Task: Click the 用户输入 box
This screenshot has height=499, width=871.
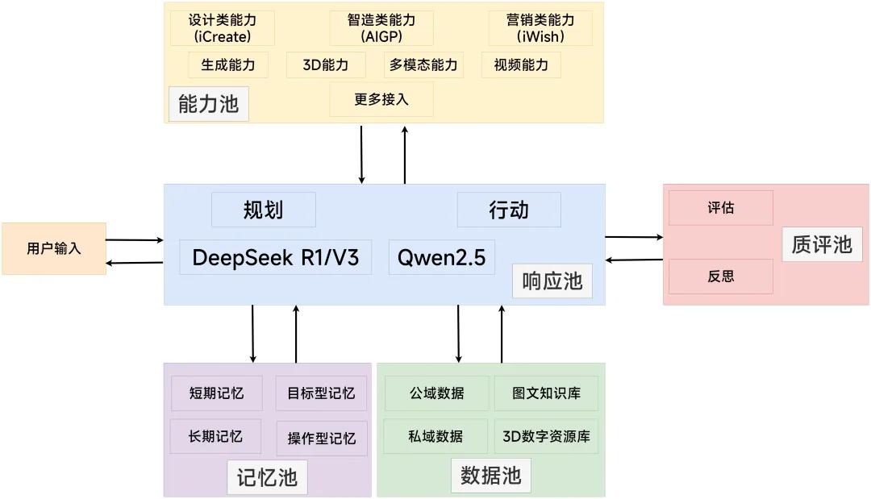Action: [54, 248]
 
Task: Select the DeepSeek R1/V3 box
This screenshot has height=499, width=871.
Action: [275, 257]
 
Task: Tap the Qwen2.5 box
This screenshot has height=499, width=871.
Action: [441, 257]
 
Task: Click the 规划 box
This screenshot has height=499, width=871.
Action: [263, 210]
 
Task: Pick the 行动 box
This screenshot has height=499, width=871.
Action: [509, 210]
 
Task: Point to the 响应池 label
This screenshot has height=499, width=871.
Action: [552, 281]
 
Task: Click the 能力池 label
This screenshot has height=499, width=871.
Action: [208, 104]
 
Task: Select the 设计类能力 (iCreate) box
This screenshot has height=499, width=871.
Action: [223, 28]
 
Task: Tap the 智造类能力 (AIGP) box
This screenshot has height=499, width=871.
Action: [381, 28]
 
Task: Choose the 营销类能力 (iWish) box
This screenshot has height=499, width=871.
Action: [540, 28]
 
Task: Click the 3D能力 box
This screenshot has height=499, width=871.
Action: [326, 64]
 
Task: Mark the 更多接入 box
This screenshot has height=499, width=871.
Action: [381, 99]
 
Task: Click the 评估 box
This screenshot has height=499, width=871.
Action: [721, 208]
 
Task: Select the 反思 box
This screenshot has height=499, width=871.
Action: [721, 277]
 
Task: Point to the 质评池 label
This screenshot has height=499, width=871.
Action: [822, 243]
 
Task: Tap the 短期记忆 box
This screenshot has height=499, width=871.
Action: [216, 393]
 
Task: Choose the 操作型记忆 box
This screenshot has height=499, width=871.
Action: [321, 439]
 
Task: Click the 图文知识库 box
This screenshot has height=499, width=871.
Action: [546, 393]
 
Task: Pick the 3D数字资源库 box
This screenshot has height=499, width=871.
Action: [546, 436]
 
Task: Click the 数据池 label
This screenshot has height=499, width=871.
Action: [490, 475]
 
